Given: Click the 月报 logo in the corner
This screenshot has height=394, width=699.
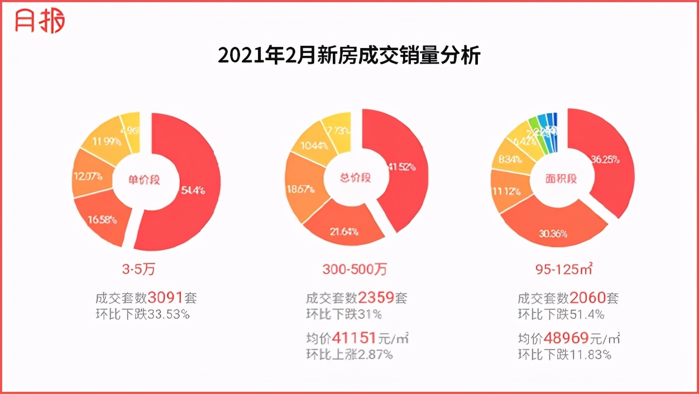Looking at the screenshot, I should pos(40,21).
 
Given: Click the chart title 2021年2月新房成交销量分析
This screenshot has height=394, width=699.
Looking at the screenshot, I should pos(349,56).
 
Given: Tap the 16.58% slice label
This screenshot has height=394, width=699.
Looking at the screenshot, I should pos(102,219).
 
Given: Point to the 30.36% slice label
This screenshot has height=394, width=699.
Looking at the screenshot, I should pos(553,233).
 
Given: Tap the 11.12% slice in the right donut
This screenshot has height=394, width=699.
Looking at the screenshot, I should pos(506,191).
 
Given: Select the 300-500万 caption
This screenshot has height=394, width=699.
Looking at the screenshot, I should pos(355,270).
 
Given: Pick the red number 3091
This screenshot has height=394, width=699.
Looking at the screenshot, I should pos(165,297).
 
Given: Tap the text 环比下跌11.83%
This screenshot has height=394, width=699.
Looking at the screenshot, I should pos(564,354).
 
